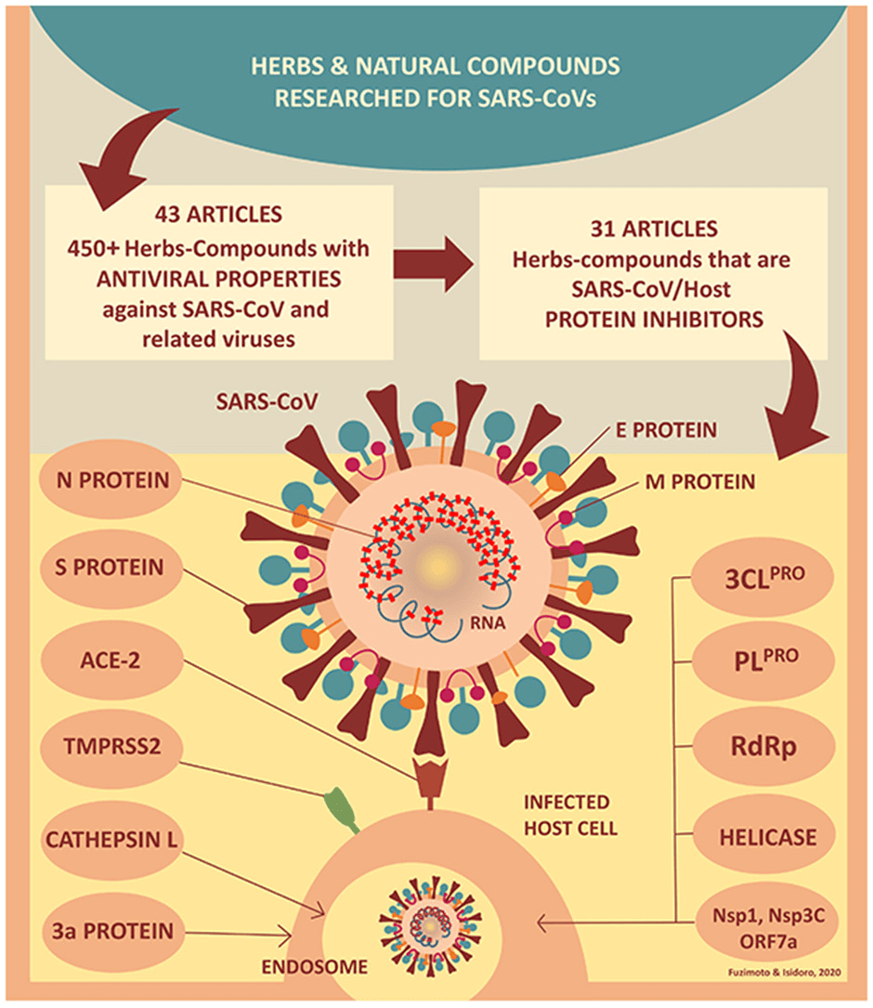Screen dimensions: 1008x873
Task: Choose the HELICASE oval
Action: point(766,837)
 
